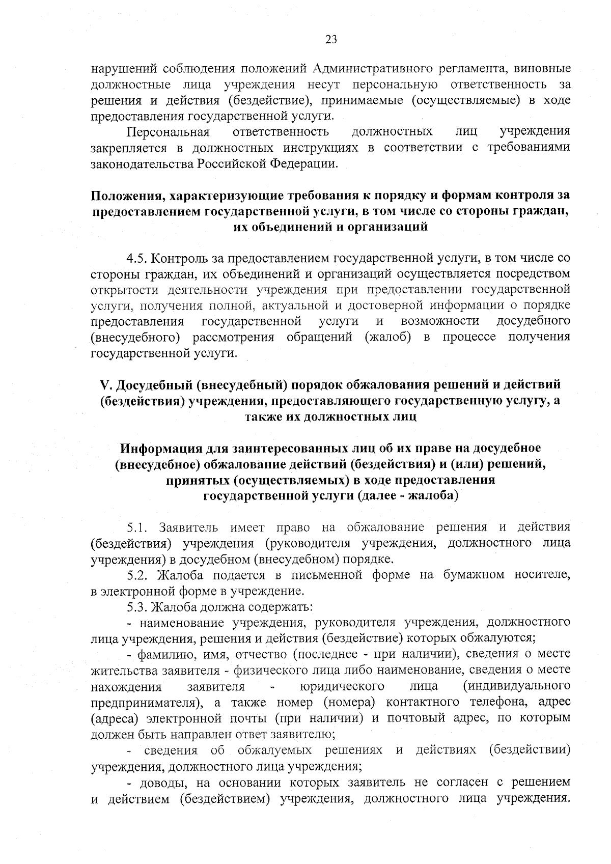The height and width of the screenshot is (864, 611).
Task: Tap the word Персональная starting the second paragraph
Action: point(168,132)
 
